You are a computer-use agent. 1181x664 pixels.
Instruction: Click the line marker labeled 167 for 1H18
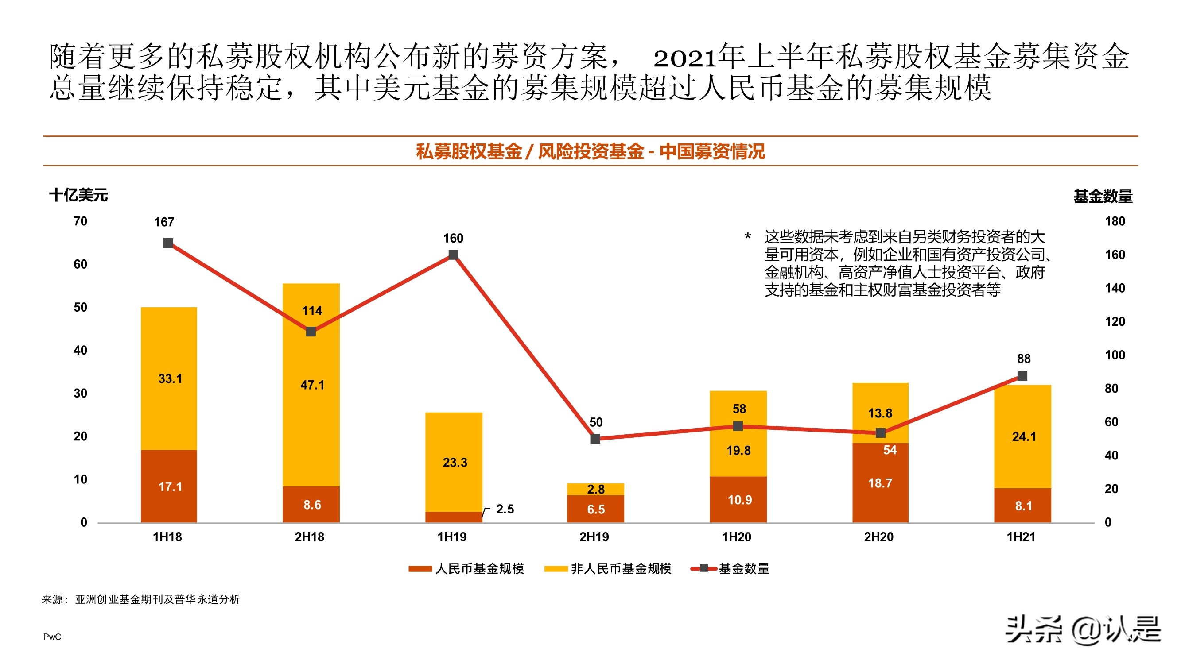click(x=168, y=243)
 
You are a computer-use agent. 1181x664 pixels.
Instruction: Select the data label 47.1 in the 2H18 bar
click(x=312, y=385)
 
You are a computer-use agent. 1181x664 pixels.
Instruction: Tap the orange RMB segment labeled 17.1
click(x=170, y=486)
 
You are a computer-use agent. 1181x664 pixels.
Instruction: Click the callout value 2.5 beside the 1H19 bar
click(x=505, y=509)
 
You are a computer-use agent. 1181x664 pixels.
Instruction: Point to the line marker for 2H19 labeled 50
click(x=595, y=439)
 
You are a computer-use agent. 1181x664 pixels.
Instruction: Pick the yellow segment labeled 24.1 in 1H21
click(x=1024, y=437)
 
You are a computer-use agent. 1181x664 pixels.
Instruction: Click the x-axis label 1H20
click(x=736, y=537)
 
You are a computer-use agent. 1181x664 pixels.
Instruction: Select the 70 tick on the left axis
click(x=80, y=221)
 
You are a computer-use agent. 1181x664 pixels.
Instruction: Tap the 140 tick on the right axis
click(x=1115, y=288)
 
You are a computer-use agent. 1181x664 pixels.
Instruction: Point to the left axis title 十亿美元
click(x=78, y=195)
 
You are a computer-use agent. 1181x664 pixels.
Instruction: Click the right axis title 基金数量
click(x=1103, y=196)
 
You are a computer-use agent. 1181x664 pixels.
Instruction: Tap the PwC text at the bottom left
click(x=52, y=637)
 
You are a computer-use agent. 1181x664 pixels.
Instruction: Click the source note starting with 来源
click(x=141, y=599)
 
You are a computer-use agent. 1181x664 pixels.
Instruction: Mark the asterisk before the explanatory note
click(x=748, y=236)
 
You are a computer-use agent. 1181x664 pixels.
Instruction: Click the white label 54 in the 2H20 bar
click(x=890, y=450)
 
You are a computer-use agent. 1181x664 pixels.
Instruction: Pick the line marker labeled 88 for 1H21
click(x=1022, y=376)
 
